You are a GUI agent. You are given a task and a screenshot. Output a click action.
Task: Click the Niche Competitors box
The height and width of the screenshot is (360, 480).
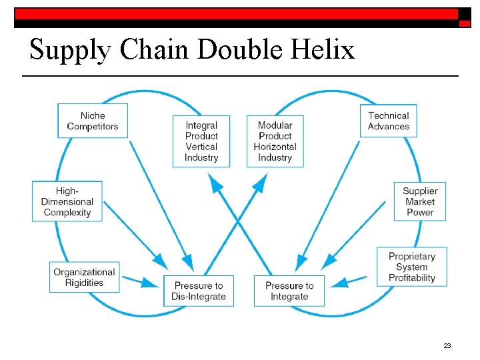click(x=93, y=121)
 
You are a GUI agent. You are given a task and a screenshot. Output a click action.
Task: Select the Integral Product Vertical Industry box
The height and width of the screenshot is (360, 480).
click(x=201, y=141)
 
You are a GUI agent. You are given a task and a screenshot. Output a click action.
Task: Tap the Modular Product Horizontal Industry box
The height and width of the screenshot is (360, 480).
click(x=275, y=141)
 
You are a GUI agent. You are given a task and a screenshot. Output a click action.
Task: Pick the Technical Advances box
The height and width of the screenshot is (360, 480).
click(x=389, y=121)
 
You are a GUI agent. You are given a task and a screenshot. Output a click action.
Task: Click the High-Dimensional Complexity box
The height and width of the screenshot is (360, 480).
click(x=67, y=201)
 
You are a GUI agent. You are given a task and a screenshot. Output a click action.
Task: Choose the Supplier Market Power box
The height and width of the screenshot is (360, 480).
click(x=419, y=201)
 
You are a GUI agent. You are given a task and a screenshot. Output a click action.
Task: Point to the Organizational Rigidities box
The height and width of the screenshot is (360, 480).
click(x=85, y=277)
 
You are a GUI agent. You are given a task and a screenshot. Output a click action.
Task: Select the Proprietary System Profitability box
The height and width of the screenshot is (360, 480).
click(x=412, y=267)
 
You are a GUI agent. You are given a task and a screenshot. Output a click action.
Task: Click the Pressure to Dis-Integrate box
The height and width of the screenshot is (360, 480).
click(x=199, y=291)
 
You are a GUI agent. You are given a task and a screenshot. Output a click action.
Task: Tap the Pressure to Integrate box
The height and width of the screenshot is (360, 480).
click(x=289, y=291)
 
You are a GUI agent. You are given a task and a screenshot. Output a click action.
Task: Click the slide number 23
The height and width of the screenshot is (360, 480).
click(x=447, y=345)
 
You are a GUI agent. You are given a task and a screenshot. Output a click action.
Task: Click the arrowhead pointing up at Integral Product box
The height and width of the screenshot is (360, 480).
click(x=215, y=181)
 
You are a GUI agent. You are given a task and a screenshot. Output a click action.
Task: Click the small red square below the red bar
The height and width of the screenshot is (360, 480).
click(x=464, y=23)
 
